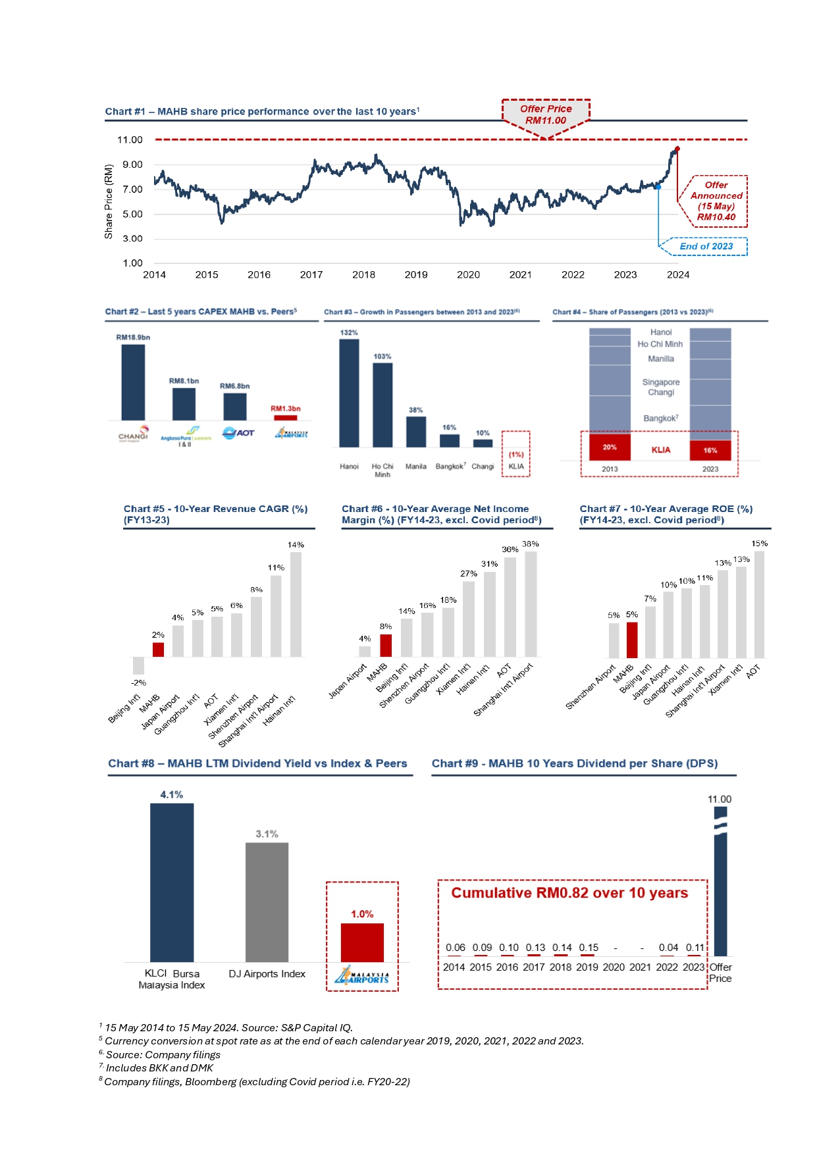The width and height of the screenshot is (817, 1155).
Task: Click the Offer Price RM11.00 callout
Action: click(x=546, y=115)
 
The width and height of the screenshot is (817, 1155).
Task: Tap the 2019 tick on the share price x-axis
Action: click(x=415, y=275)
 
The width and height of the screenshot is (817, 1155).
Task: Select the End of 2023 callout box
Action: click(x=706, y=246)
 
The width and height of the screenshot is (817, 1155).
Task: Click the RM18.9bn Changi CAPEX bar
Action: click(x=133, y=382)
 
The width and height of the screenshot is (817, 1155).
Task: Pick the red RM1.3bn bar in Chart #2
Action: click(x=285, y=417)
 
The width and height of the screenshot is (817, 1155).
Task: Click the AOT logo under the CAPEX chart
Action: click(x=238, y=432)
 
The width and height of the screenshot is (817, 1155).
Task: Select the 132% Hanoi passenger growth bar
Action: click(x=349, y=393)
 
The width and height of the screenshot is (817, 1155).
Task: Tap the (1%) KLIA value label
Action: click(x=516, y=454)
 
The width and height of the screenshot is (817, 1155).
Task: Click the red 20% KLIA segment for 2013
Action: click(x=610, y=447)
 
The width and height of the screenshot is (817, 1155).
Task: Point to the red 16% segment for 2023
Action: click(x=710, y=450)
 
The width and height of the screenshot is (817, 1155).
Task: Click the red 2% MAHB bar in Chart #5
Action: click(x=158, y=650)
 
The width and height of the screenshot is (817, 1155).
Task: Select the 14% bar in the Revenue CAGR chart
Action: click(x=296, y=604)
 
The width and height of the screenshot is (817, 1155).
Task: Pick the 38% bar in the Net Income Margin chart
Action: click(x=531, y=603)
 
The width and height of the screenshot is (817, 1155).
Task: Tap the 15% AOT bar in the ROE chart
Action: click(x=759, y=604)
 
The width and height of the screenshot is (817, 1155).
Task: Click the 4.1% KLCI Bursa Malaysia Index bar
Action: click(x=172, y=883)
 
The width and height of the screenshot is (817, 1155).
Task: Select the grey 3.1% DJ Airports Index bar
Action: click(x=267, y=902)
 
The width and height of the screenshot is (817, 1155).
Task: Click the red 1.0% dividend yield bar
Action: click(x=362, y=942)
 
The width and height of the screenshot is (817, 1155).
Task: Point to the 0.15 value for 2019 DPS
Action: click(x=589, y=948)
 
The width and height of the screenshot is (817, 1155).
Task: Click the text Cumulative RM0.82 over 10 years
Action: click(x=569, y=893)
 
